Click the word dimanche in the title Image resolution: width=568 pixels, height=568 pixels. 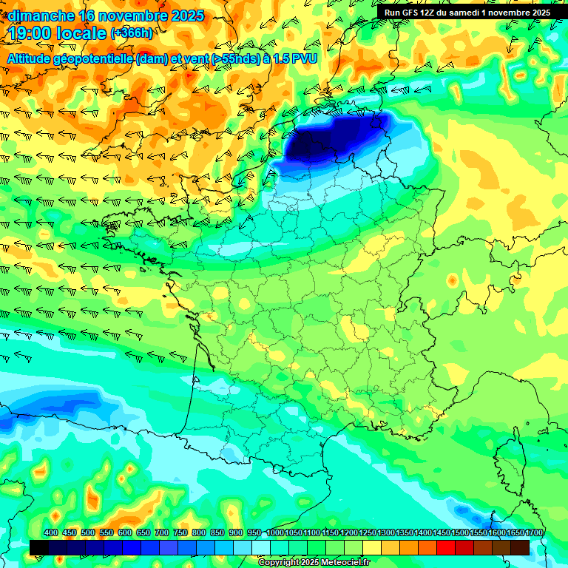click(x=41, y=16)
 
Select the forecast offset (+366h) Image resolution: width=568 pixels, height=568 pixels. click(x=132, y=33)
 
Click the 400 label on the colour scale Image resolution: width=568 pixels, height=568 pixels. click(x=51, y=533)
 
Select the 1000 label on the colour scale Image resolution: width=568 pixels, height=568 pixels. click(x=275, y=533)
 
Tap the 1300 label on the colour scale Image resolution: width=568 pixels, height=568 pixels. click(x=386, y=533)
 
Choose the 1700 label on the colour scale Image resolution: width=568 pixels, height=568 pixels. click(x=534, y=533)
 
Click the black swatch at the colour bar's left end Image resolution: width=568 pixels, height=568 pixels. click(x=39, y=547)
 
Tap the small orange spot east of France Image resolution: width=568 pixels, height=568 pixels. click(x=452, y=281)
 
